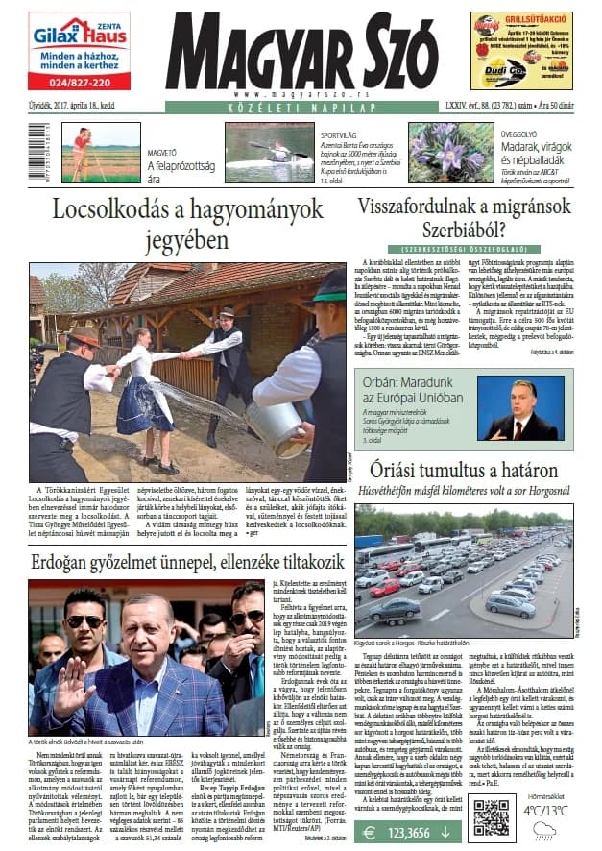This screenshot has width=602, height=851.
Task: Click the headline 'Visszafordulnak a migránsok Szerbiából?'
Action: tap(464, 218)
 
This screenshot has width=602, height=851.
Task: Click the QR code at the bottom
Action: tap(490, 815)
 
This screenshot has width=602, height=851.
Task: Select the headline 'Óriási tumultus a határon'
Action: tap(464, 471)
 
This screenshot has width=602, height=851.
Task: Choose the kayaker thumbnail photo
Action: tap(269, 153)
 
